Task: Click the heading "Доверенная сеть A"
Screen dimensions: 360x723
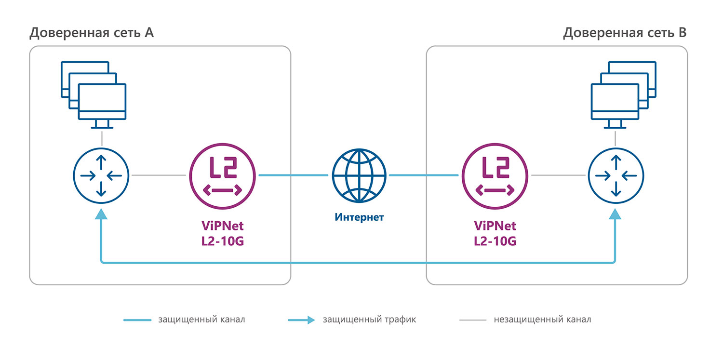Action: (x=92, y=33)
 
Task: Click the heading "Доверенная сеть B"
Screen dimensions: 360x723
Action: (x=625, y=33)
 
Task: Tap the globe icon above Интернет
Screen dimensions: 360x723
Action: (x=359, y=175)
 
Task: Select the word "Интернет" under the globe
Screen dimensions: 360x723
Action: (x=359, y=217)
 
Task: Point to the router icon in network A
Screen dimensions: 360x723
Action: (x=101, y=175)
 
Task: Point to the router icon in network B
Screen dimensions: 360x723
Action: (x=616, y=175)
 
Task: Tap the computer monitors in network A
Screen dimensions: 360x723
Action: (x=94, y=94)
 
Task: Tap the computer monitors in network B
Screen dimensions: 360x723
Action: (x=623, y=94)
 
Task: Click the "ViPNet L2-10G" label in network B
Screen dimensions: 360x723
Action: (x=495, y=234)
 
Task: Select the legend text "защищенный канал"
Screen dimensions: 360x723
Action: (x=201, y=320)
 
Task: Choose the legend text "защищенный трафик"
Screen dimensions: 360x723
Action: (x=369, y=320)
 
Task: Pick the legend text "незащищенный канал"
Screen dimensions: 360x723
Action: (x=542, y=320)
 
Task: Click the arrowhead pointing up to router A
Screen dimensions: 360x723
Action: (x=101, y=214)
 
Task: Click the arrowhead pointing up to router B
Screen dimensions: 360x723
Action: (x=616, y=214)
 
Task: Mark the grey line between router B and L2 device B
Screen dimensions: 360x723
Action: (x=559, y=175)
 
